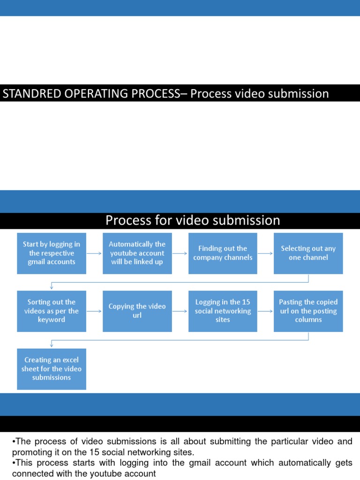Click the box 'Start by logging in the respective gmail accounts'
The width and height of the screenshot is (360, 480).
click(x=52, y=253)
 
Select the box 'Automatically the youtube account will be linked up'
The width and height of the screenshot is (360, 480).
click(x=137, y=253)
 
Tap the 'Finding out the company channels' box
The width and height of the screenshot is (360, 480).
click(x=223, y=253)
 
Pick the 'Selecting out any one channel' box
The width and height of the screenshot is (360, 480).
click(x=308, y=253)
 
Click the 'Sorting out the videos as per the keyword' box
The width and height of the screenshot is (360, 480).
click(x=52, y=311)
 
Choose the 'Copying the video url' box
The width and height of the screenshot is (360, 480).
click(x=137, y=311)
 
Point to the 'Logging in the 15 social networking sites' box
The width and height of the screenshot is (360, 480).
click(x=223, y=311)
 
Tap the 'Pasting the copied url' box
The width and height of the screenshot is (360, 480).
click(x=308, y=311)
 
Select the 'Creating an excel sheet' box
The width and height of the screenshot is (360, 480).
click(x=52, y=368)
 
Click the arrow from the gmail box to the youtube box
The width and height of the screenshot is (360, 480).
click(x=94, y=253)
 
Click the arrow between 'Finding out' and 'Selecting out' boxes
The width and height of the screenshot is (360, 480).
click(x=265, y=253)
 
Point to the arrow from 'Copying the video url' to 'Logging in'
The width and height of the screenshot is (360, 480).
click(x=180, y=311)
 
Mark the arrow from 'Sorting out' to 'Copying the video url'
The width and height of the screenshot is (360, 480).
click(x=94, y=311)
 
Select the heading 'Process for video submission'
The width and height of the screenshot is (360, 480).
click(x=193, y=220)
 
